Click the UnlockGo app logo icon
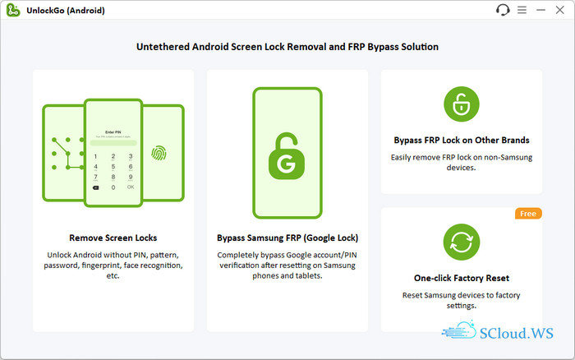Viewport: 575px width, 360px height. tap(13, 10)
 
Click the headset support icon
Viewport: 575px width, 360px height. tap(503, 10)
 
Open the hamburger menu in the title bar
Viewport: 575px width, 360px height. tap(522, 10)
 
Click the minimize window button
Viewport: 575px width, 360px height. tap(540, 10)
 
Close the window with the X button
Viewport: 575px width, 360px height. tap(559, 10)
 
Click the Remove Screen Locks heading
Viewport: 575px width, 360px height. tap(113, 238)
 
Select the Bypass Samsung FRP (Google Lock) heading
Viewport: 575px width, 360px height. tap(287, 238)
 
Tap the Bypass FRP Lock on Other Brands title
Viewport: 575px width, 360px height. tap(462, 141)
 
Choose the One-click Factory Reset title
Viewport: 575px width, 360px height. tap(462, 278)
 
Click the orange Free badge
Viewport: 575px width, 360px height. tap(528, 214)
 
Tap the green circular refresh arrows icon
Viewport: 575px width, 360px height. tap(462, 242)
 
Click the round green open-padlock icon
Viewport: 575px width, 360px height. tap(462, 104)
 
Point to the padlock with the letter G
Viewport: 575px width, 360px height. tap(287, 156)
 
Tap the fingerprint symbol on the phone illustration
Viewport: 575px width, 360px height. tap(159, 153)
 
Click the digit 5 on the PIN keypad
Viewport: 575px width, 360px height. tap(113, 167)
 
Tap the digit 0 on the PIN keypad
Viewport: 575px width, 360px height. tap(113, 187)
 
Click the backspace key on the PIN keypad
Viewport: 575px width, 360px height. tap(96, 187)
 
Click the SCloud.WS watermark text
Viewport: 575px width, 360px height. tap(517, 333)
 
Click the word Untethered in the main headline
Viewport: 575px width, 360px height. tap(163, 47)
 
